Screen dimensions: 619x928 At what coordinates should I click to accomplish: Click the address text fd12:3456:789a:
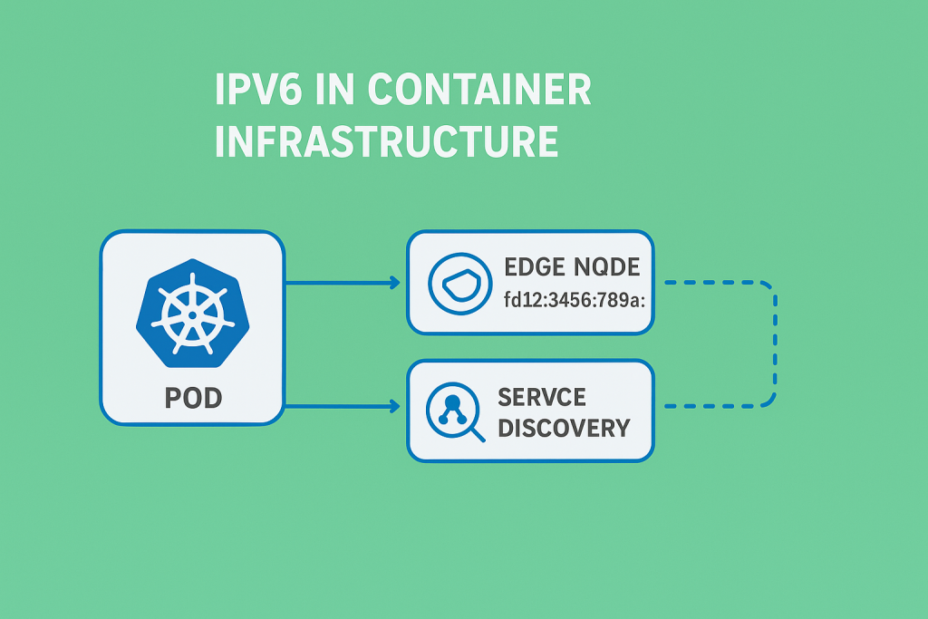[x=573, y=299]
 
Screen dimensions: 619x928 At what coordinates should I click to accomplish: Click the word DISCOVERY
[x=564, y=428]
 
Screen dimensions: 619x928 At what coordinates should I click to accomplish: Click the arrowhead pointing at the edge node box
[x=394, y=283]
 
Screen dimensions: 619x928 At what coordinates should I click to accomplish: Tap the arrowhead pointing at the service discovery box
[x=394, y=407]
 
